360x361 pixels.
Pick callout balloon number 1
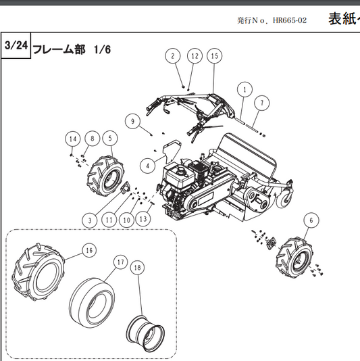point(243,89)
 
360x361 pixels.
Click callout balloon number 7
point(261,103)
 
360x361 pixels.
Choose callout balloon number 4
point(147,164)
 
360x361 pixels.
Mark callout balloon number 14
point(71,138)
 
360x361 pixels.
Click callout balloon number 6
point(309,219)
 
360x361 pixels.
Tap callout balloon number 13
point(143,219)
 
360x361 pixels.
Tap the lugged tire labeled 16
point(40,270)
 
